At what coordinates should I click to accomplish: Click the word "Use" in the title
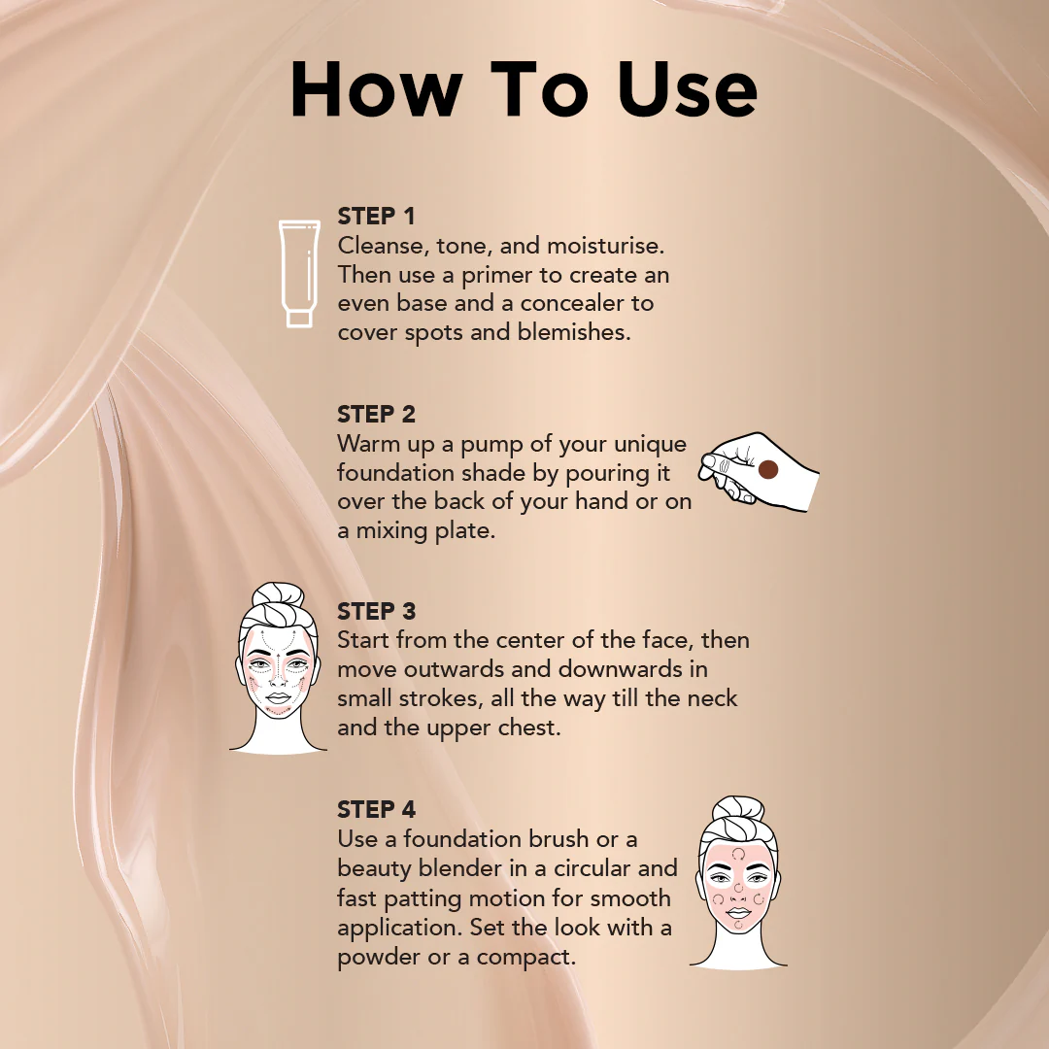pyautogui.click(x=687, y=89)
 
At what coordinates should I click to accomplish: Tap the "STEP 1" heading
pyautogui.click(x=376, y=216)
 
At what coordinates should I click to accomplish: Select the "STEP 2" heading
pyautogui.click(x=376, y=414)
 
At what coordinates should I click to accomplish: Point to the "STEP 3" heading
pyautogui.click(x=376, y=611)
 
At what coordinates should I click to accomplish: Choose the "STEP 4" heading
pyautogui.click(x=376, y=809)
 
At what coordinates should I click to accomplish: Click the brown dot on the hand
pyautogui.click(x=767, y=470)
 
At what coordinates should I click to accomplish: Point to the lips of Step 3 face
pyautogui.click(x=278, y=698)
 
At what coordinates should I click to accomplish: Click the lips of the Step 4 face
pyautogui.click(x=738, y=913)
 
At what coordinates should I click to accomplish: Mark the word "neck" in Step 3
pyautogui.click(x=713, y=698)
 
